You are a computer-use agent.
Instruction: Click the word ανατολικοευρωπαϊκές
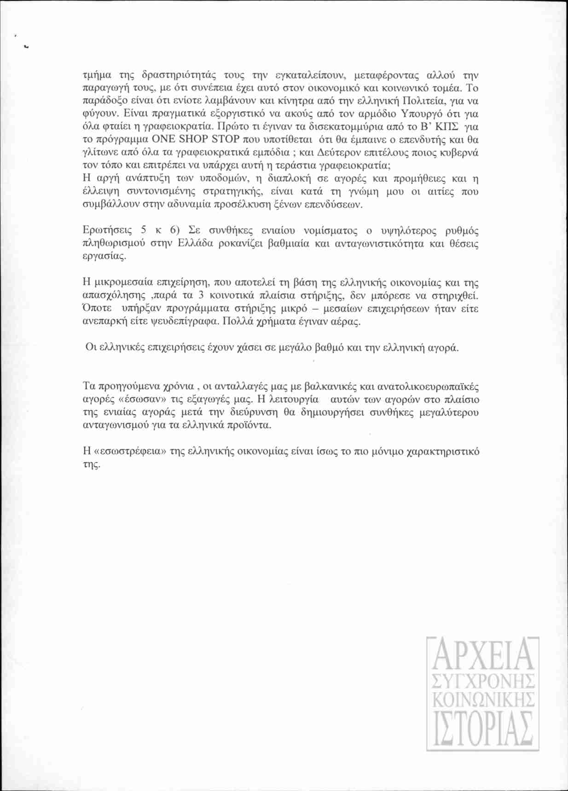click(434, 386)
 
